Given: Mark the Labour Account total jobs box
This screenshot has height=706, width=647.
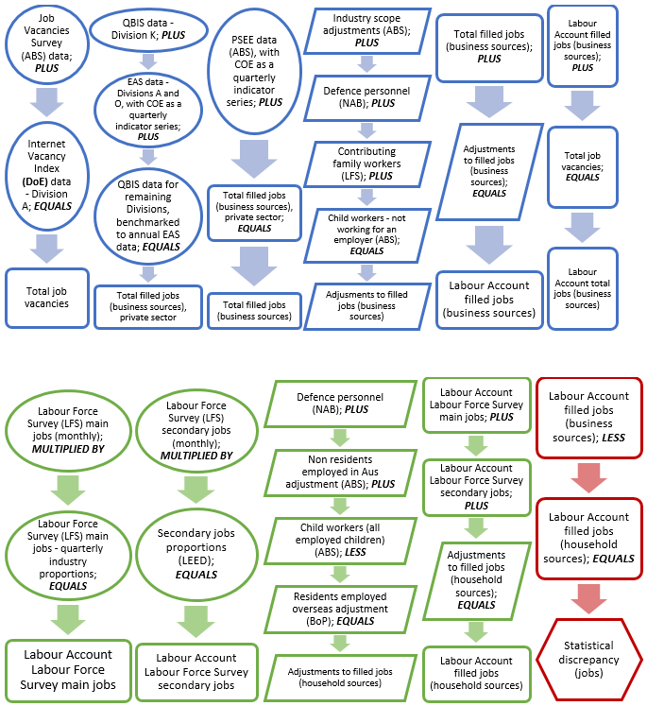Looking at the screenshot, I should point(583,286).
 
